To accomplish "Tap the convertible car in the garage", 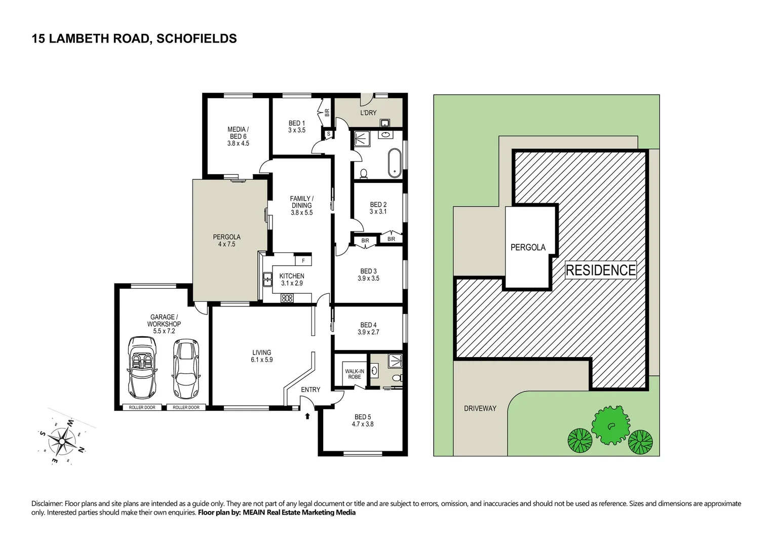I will pyautogui.click(x=143, y=367).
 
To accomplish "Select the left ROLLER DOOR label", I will pyautogui.click(x=142, y=407).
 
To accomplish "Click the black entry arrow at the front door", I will pyautogui.click(x=307, y=416).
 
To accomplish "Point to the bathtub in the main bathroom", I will pyautogui.click(x=394, y=163).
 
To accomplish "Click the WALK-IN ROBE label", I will pyautogui.click(x=354, y=374).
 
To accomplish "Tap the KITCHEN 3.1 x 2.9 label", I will pyautogui.click(x=292, y=280).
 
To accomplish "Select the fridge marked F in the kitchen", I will pyautogui.click(x=303, y=261).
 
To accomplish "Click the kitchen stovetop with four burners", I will pyautogui.click(x=287, y=298).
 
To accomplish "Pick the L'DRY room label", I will pyautogui.click(x=368, y=112).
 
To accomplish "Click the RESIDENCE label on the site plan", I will pyautogui.click(x=600, y=270).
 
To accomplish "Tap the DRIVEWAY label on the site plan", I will pyautogui.click(x=480, y=408).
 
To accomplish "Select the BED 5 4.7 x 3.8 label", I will pyautogui.click(x=363, y=420).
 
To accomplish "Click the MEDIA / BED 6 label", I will pyautogui.click(x=238, y=136).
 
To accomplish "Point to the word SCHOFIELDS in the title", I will pyautogui.click(x=197, y=38).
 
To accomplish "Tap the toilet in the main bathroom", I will pyautogui.click(x=363, y=174).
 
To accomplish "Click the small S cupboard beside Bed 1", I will pyautogui.click(x=328, y=134).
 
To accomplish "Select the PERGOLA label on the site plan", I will pyautogui.click(x=528, y=247).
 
